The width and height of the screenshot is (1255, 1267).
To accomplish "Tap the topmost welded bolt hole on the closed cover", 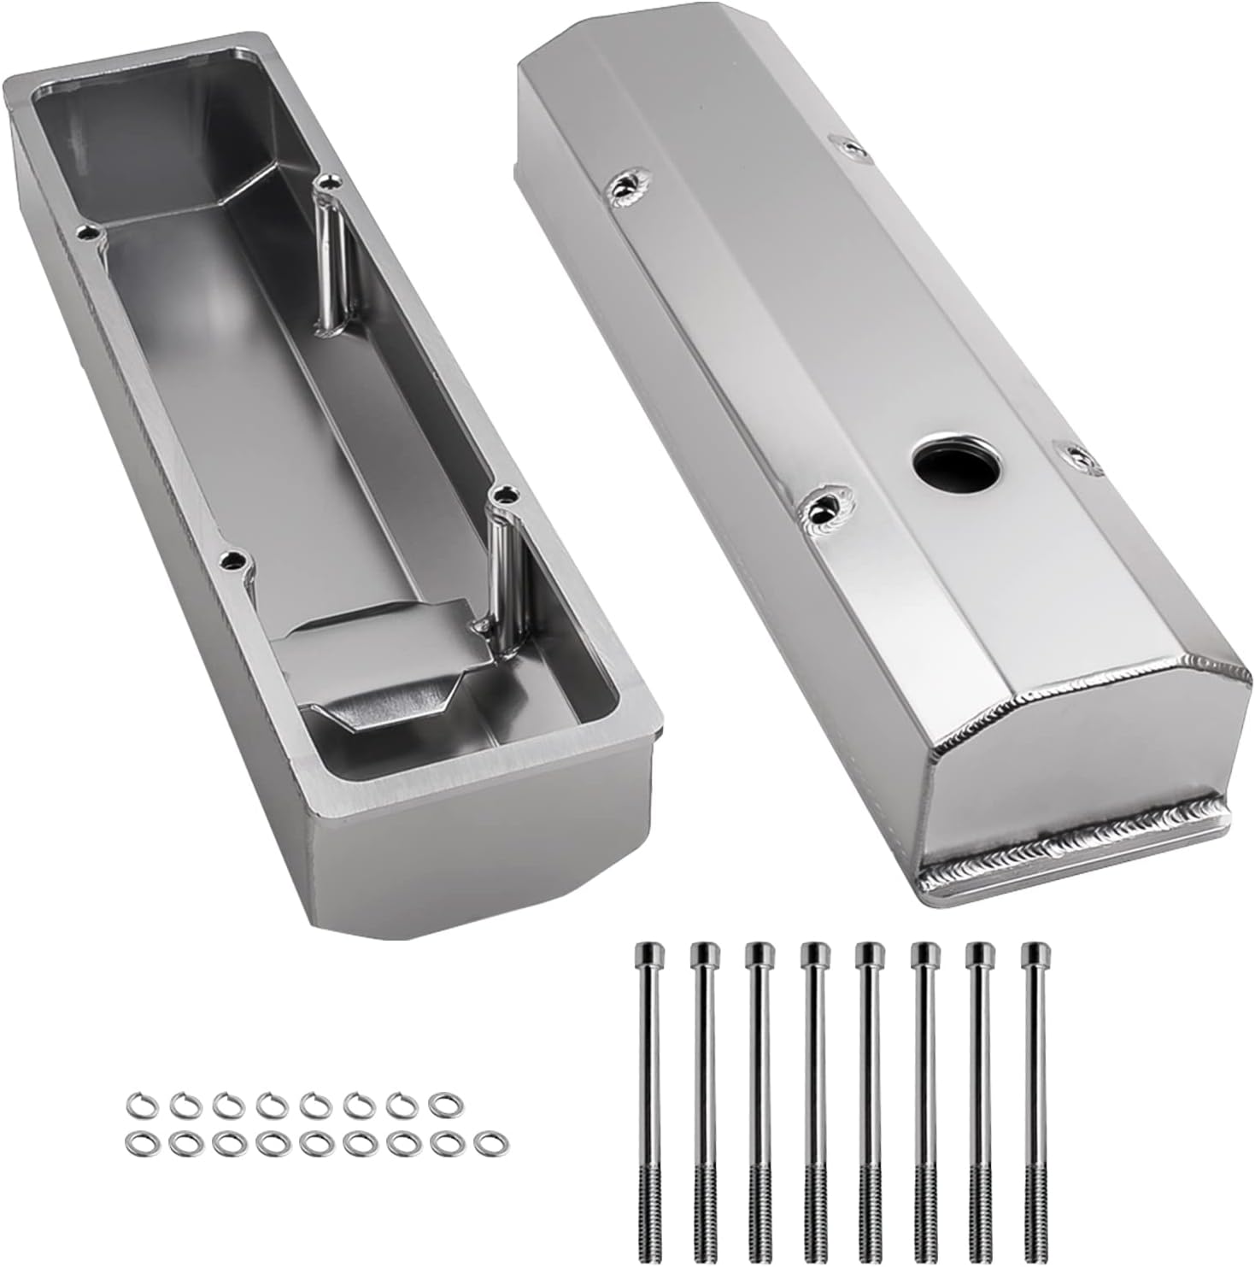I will coord(852,150).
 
